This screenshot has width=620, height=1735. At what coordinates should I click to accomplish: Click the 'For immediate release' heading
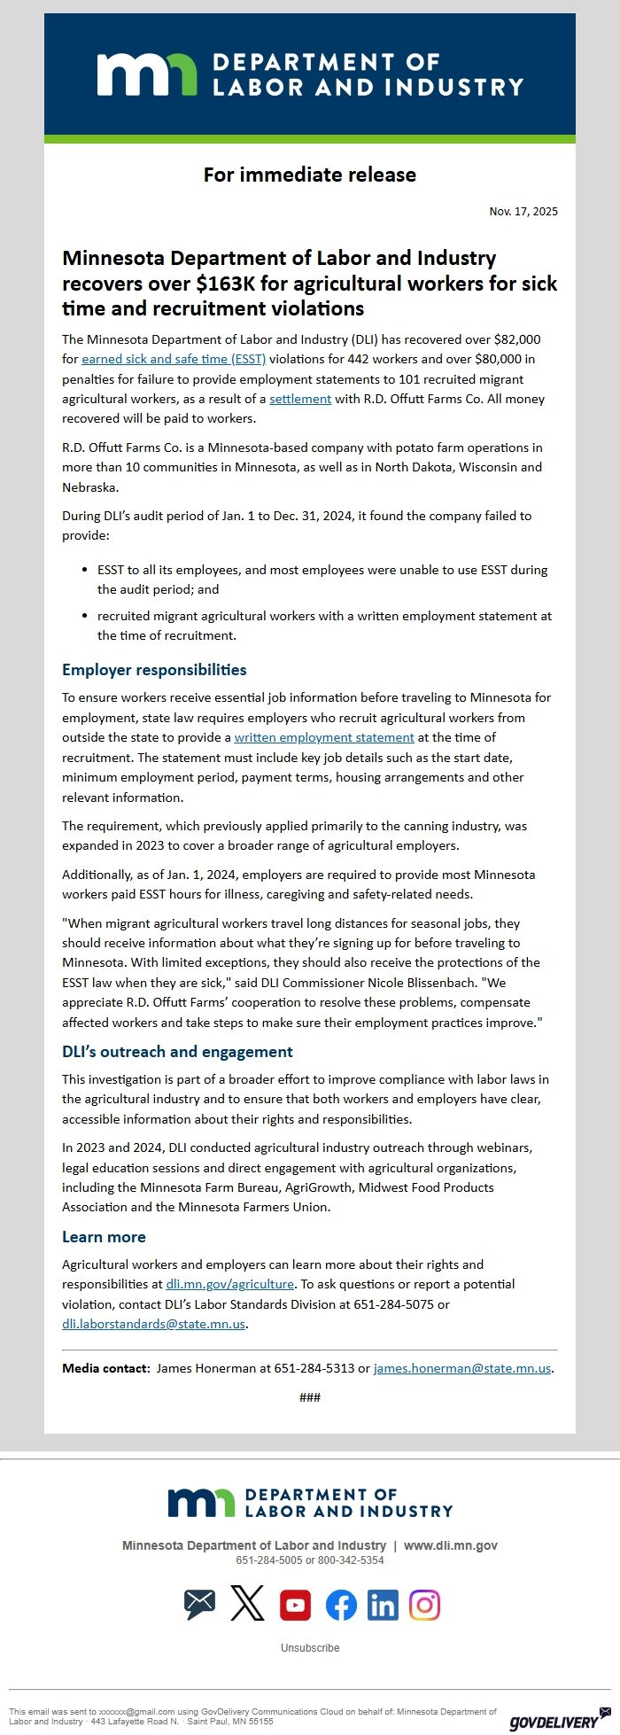(309, 175)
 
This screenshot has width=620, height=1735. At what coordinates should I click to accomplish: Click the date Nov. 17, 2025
(523, 212)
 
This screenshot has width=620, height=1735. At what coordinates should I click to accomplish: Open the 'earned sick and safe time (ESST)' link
(174, 359)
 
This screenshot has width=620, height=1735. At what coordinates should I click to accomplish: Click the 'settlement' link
(300, 399)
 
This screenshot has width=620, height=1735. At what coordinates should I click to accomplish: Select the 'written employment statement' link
(324, 737)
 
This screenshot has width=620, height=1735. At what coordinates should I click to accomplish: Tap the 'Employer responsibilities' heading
(154, 670)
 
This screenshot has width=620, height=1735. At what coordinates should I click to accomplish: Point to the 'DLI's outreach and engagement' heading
(177, 1052)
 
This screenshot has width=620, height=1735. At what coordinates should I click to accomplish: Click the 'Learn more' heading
(104, 1237)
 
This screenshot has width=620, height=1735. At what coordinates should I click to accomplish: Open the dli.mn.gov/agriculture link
(230, 1284)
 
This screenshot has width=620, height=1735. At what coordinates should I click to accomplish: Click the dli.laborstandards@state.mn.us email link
(153, 1324)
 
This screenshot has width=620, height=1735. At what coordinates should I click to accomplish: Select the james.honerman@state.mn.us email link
(462, 1368)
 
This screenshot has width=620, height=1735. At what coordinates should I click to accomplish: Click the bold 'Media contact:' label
(105, 1368)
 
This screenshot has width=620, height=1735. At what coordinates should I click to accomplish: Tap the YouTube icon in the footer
(295, 1605)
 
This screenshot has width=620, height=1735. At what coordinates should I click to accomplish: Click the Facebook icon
(341, 1605)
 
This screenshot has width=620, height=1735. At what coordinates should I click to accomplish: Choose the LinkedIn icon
(383, 1605)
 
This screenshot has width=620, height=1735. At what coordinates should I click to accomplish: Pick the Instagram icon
(424, 1605)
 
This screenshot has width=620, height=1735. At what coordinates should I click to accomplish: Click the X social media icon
(247, 1605)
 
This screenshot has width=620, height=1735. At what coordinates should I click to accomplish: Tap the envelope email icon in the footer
(200, 1605)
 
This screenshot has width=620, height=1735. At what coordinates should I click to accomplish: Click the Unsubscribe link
(310, 1648)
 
